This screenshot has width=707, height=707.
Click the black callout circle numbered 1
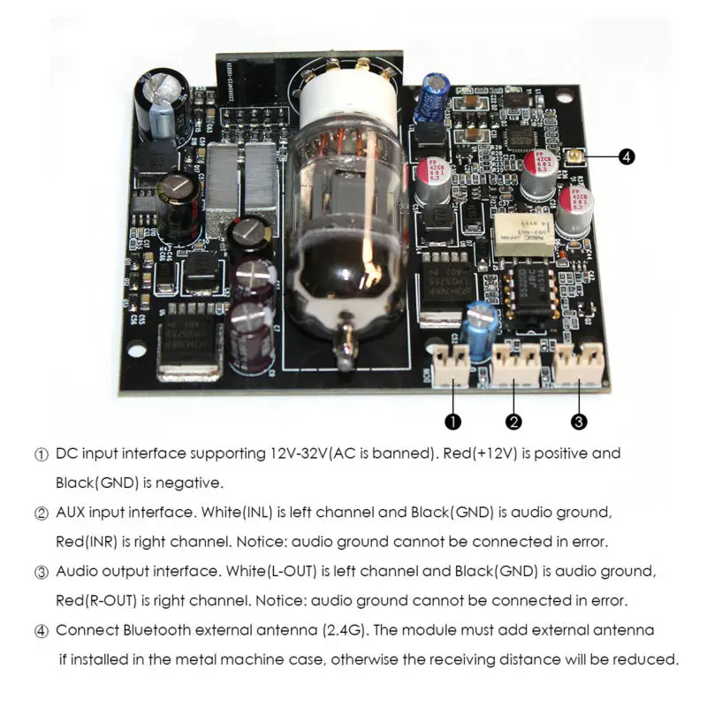coord(452,422)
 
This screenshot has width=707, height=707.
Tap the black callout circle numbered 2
coord(515,422)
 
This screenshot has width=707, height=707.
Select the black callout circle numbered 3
coord(579,422)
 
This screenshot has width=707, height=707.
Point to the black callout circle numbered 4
coord(626,156)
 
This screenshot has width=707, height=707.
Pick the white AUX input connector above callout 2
coord(515,364)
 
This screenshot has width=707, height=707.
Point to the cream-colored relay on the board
coord(524,234)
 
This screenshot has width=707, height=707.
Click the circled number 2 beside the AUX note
coord(41,513)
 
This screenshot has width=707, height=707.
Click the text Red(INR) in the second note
coord(87,541)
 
